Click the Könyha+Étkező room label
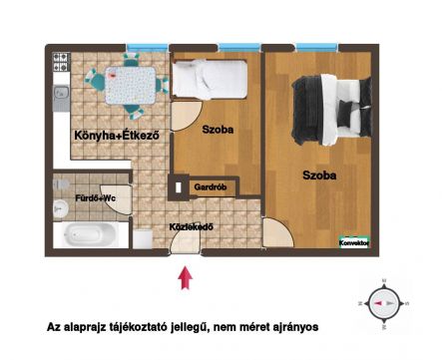[x=117, y=136]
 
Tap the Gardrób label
[x=211, y=187]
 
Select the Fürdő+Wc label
[x=95, y=198]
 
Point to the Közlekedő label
[x=191, y=227]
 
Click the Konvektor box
[x=354, y=243]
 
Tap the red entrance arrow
[x=186, y=278]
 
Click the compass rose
[x=384, y=303]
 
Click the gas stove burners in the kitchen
[x=61, y=62]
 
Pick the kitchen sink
[x=61, y=93]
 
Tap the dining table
[x=131, y=85]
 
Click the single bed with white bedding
[x=210, y=80]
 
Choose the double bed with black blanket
[x=331, y=110]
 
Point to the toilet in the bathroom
[x=61, y=184]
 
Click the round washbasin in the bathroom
[x=61, y=209]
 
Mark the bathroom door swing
[x=117, y=199]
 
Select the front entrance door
[x=185, y=242]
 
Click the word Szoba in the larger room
[x=319, y=176]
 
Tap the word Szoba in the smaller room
[x=218, y=130]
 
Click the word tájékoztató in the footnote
[x=139, y=327]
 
